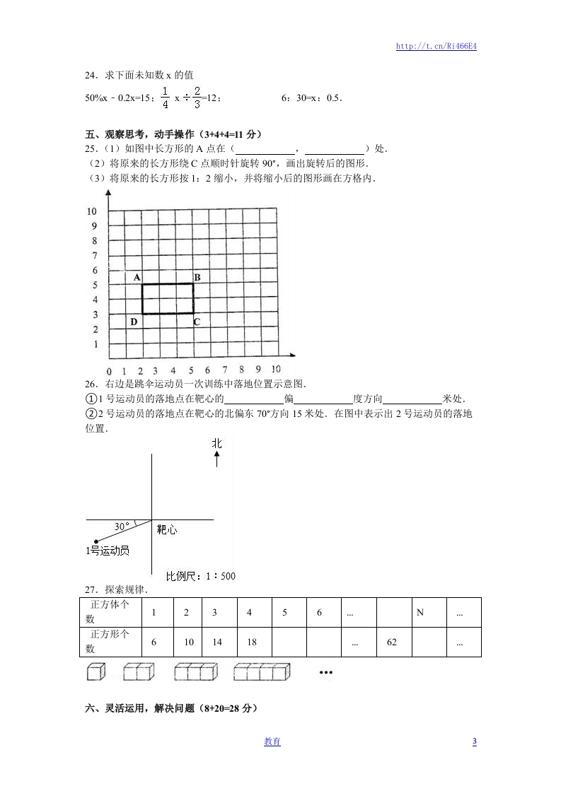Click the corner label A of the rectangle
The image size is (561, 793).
pyautogui.click(x=136, y=277)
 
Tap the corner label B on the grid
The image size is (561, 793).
pyautogui.click(x=197, y=277)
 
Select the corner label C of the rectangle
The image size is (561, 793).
pyautogui.click(x=197, y=322)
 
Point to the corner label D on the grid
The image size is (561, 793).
pyautogui.click(x=134, y=322)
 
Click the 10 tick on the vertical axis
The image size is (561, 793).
pyautogui.click(x=91, y=211)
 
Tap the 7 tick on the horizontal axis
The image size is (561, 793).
pyautogui.click(x=225, y=369)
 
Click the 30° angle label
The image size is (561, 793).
pyautogui.click(x=122, y=527)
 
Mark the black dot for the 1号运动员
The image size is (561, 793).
pyautogui.click(x=96, y=541)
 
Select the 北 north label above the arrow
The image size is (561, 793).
pyautogui.click(x=216, y=443)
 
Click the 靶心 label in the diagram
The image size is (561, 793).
pyautogui.click(x=166, y=529)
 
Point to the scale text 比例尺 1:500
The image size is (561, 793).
pyautogui.click(x=201, y=576)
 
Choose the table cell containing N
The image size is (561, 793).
pyautogui.click(x=420, y=613)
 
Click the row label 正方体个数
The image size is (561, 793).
pyautogui.click(x=110, y=612)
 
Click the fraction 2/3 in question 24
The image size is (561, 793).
pyautogui.click(x=197, y=98)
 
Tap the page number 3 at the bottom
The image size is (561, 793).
pyautogui.click(x=475, y=741)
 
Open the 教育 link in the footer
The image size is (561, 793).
pyautogui.click(x=272, y=741)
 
